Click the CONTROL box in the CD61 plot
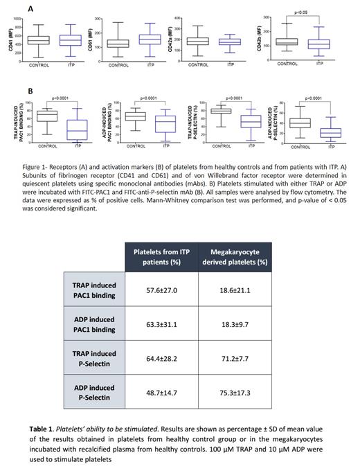click(x=118, y=44)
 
